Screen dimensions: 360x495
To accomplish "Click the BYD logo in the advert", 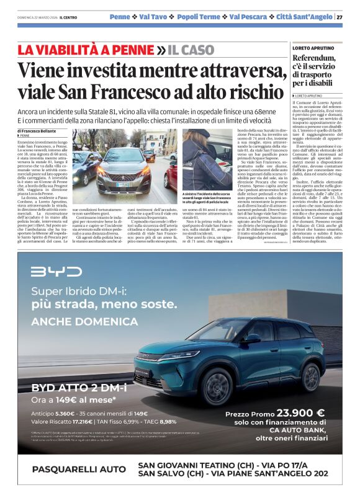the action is click(56, 272).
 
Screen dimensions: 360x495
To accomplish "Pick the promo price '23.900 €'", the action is click(300, 413).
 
